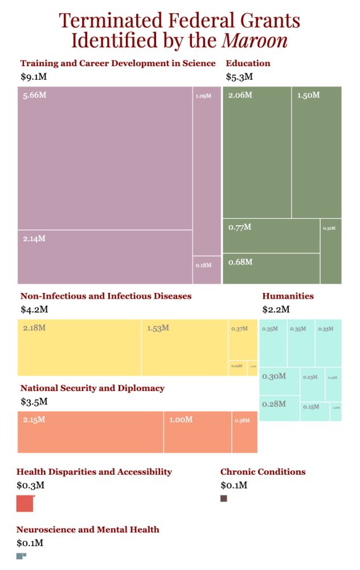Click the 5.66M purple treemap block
105,158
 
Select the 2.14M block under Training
105,256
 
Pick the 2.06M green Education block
257,152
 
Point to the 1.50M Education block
317,152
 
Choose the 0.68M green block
271,268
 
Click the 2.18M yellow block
79,347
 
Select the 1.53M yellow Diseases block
185,347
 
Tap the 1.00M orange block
198,432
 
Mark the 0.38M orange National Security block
244,432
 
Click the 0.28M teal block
280,408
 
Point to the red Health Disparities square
25,504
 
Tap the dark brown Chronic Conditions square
224,499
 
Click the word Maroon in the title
255,40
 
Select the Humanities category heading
288,296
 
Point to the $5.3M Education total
239,76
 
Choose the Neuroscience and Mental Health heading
88,530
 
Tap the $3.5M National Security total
34,401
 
